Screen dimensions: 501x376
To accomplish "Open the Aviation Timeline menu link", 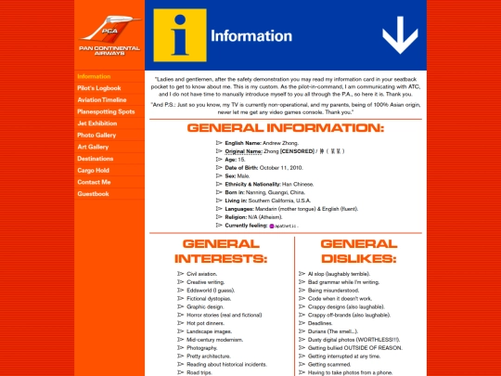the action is pos(102,99).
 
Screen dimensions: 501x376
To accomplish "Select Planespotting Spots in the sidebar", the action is pos(106,111).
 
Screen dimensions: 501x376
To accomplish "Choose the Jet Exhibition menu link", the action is pos(97,123).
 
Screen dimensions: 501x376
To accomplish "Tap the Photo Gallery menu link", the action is pos(96,135).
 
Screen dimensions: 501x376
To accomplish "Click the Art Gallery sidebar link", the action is pos(93,147).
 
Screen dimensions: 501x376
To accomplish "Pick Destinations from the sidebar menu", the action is pos(96,159).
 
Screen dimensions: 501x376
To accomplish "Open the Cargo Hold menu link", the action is pos(94,171).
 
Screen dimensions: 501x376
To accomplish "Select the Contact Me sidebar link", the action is pos(94,182).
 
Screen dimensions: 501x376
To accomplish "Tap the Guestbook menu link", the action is pos(93,194).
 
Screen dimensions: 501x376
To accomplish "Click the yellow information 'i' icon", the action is pos(177,34).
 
